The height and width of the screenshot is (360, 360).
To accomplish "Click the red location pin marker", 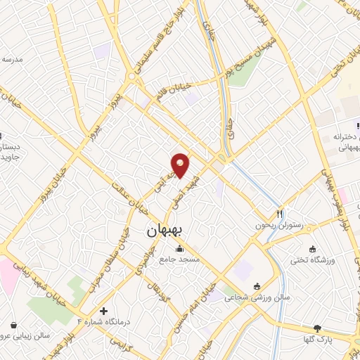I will [181, 165].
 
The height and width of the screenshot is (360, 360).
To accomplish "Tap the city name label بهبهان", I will [166, 231].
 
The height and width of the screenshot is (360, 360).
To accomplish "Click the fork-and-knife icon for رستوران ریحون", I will [280, 213].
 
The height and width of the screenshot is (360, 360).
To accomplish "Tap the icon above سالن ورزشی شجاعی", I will [255, 286].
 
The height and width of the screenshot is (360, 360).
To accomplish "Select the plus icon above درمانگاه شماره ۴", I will [104, 310].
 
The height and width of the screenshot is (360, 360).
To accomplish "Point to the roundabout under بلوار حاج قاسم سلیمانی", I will [131, 76].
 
